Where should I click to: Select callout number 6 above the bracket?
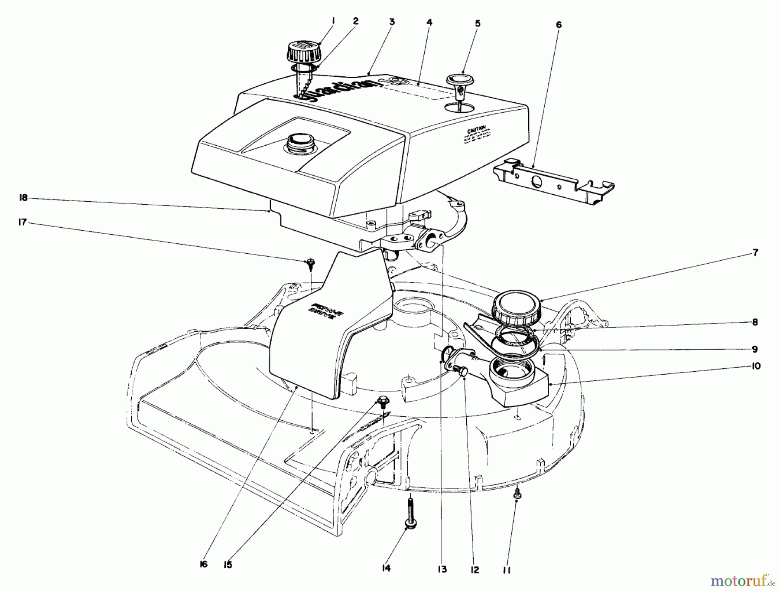click(x=559, y=25)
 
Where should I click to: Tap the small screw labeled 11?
click(x=517, y=493)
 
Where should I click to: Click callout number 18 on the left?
click(x=23, y=197)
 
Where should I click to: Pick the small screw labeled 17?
click(x=310, y=262)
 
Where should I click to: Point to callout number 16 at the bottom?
click(x=204, y=564)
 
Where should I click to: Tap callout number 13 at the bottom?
click(x=442, y=569)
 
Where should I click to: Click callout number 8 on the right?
click(x=755, y=322)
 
